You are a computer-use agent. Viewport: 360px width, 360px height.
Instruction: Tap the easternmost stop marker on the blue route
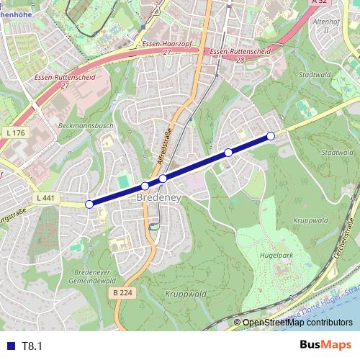pos(271,136)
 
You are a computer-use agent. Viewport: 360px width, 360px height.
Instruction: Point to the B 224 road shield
pos(123,292)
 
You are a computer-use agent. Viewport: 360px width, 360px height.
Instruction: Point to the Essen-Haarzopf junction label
pos(166,48)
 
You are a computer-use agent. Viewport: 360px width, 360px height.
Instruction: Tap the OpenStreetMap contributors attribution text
pos(297,323)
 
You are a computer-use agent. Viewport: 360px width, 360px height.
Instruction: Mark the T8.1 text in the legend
pos(32,346)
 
